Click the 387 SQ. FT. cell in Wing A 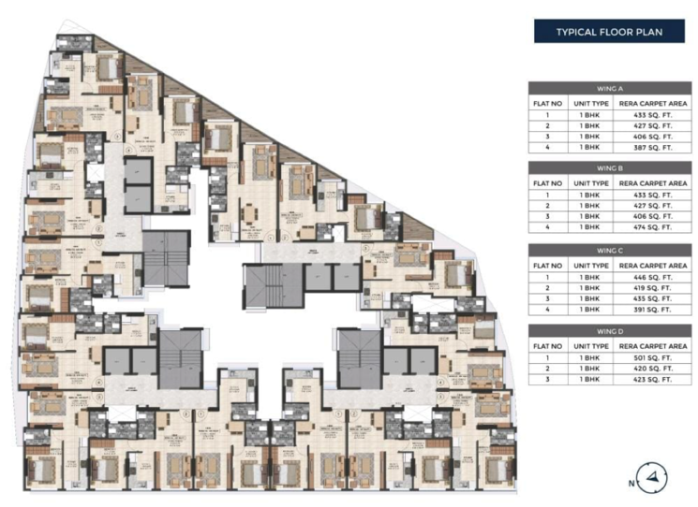(x=653, y=147)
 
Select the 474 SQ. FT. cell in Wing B (x=653, y=227)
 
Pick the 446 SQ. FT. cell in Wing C (x=653, y=277)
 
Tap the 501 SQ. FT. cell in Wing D (x=653, y=357)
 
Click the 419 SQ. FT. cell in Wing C (x=653, y=288)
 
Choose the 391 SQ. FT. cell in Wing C (x=653, y=310)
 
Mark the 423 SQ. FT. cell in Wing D (x=653, y=380)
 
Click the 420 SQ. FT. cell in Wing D (x=653, y=369)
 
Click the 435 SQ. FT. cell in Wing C (x=653, y=298)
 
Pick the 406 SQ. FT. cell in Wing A (x=653, y=136)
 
